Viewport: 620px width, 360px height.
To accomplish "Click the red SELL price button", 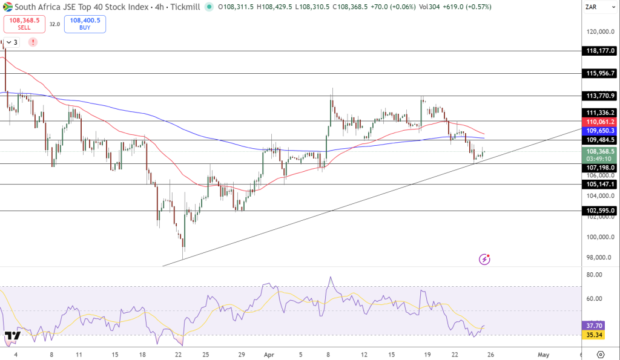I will (24, 24).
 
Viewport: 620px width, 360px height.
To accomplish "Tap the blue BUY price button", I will (85, 24).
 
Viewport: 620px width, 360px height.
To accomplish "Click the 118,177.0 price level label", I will (600, 51).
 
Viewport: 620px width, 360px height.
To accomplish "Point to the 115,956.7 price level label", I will (600, 73).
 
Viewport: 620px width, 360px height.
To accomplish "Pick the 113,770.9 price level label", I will (600, 96).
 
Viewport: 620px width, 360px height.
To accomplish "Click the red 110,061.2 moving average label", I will (600, 122).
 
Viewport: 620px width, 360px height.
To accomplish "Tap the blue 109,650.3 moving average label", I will (600, 130).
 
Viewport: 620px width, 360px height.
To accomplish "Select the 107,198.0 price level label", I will (600, 167).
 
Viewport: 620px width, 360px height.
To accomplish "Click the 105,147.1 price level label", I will (600, 184).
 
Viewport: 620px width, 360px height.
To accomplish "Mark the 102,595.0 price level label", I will (600, 211).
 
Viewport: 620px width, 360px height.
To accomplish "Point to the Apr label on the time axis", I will (268, 355).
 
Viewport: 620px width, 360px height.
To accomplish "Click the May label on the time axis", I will (544, 355).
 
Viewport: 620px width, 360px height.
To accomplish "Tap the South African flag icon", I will (8, 7).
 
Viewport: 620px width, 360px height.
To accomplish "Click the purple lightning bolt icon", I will (484, 259).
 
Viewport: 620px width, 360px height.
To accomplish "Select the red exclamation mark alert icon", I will (33, 42).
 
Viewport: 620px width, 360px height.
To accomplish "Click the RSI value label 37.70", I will (593, 324).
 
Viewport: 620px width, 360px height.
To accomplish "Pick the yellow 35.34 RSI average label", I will (593, 334).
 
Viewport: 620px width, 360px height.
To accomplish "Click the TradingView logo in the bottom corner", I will (12, 335).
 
